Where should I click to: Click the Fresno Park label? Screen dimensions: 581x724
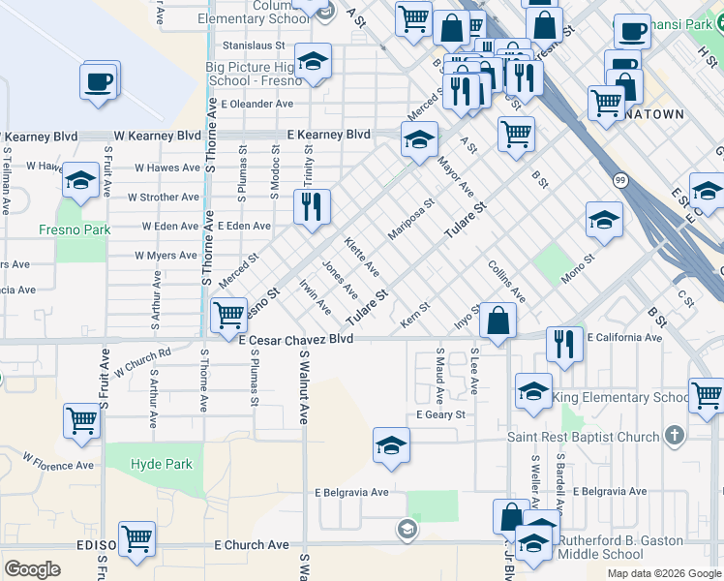pos(74,229)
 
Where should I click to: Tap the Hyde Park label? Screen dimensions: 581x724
pos(162,464)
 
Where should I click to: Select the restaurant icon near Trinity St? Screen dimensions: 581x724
pos(312,206)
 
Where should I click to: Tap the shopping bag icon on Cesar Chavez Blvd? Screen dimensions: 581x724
pos(498,321)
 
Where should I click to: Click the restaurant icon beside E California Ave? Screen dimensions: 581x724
pos(563,342)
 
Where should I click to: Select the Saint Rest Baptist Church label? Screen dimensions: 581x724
pos(584,437)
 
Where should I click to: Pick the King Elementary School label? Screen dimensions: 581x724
pos(622,397)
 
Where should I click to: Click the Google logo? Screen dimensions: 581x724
pos(32,568)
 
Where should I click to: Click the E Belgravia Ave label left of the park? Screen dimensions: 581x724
pos(350,492)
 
